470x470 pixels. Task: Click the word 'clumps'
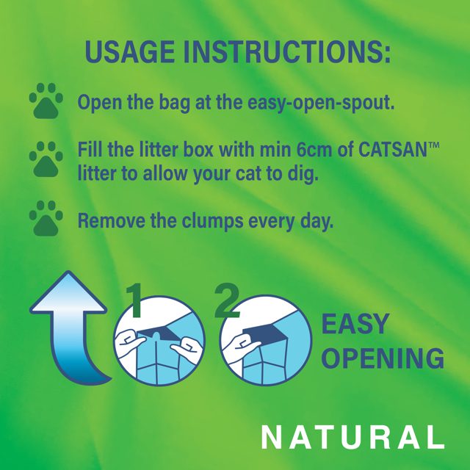192,220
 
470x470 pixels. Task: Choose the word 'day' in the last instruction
316,221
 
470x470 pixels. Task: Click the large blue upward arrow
73,323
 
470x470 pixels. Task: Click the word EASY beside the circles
354,324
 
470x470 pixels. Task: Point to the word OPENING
383,358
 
